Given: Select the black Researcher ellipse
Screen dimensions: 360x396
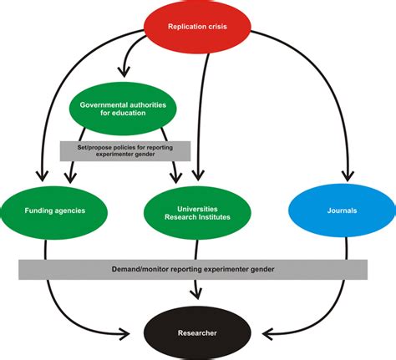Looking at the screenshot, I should point(197,332).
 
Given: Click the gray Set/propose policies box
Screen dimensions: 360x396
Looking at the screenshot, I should point(125,151).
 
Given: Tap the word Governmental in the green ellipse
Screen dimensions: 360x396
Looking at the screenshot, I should point(104,105).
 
